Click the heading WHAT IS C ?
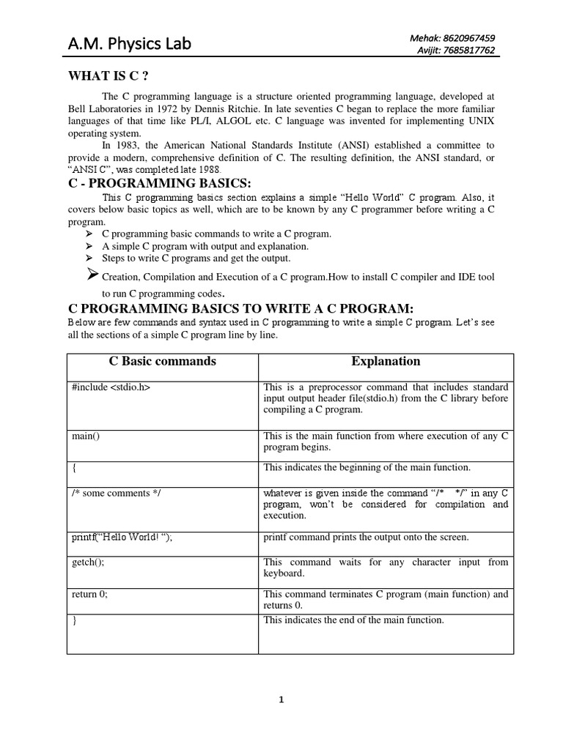point(113,75)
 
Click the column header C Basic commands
point(162,361)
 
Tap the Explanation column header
point(386,361)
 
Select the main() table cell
point(85,437)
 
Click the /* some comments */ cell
point(115,493)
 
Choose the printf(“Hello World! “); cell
point(122,538)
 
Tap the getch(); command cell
point(88,562)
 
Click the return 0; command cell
point(89,595)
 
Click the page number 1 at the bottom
point(281,699)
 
